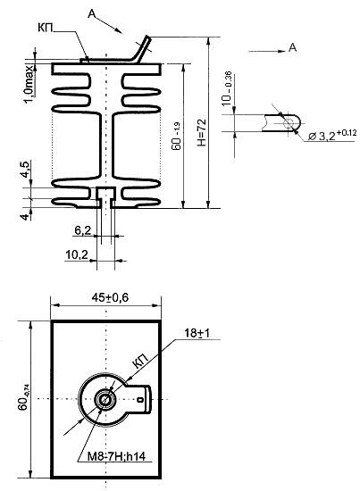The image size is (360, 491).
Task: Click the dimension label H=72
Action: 202,132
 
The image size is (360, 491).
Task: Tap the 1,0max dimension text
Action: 29,84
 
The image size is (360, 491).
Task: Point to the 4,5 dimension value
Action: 26,170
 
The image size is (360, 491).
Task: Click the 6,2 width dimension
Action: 83,230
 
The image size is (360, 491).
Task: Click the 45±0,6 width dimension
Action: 110,297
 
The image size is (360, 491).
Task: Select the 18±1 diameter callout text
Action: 197,333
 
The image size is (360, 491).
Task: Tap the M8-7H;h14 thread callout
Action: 116,456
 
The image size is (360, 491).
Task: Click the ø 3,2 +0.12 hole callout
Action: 332,136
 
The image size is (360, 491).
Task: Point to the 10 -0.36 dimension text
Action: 227,88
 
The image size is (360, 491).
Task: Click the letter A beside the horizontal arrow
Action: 292,47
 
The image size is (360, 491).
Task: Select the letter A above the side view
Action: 92,13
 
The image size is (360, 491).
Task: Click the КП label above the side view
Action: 46,28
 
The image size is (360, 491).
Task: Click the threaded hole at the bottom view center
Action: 105,399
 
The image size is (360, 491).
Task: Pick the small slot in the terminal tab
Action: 140,399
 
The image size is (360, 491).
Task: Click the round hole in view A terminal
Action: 288,123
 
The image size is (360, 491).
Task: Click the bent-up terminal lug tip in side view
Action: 147,38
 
